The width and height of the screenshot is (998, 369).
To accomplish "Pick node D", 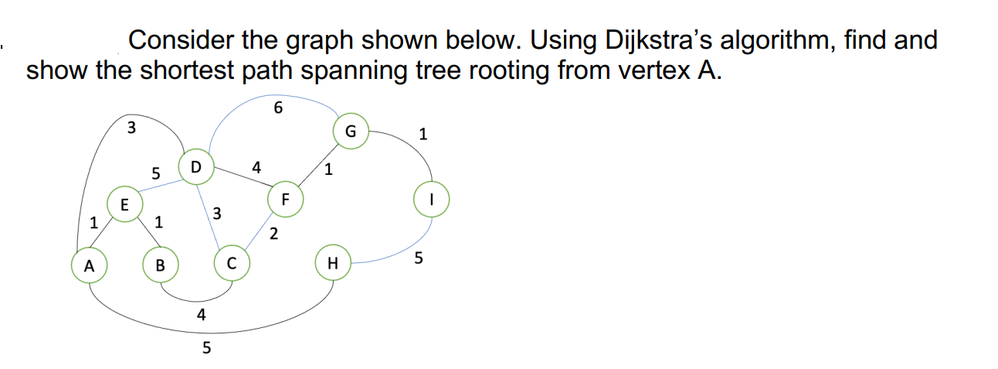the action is click(195, 167).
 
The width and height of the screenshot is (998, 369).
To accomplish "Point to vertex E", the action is click(124, 204).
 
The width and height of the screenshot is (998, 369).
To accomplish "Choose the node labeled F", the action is click(284, 198).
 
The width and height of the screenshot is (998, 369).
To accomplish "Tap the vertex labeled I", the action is click(432, 198).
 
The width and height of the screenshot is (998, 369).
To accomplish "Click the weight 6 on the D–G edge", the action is click(278, 108).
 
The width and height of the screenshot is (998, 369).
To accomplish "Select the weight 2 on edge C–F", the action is click(273, 234).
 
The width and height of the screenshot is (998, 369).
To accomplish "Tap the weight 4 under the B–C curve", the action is click(201, 314).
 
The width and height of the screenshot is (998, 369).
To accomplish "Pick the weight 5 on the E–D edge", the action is click(155, 175).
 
